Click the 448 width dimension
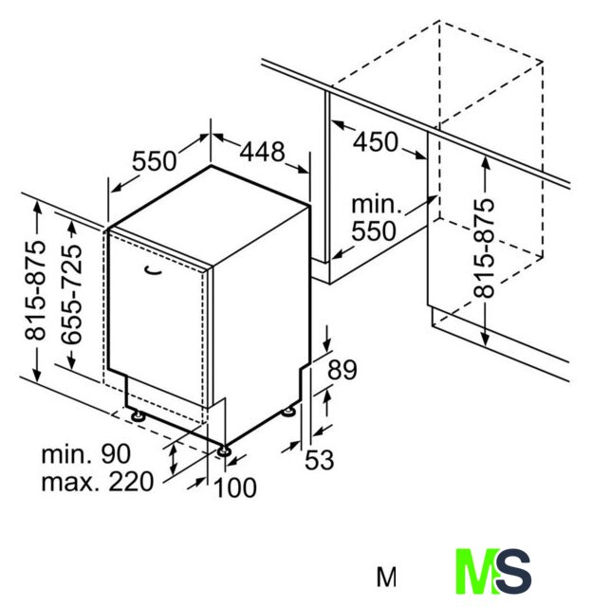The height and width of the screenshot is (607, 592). click(x=262, y=152)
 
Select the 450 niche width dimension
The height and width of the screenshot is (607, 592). click(x=375, y=141)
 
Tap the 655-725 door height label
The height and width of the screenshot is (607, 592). click(x=72, y=294)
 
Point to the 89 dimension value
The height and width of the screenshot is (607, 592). click(x=342, y=370)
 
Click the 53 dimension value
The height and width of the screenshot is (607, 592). click(x=319, y=460)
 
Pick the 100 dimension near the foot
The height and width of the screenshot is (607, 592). click(x=235, y=487)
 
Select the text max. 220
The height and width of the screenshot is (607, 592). click(x=98, y=482)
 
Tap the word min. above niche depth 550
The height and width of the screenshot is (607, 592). click(x=377, y=205)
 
